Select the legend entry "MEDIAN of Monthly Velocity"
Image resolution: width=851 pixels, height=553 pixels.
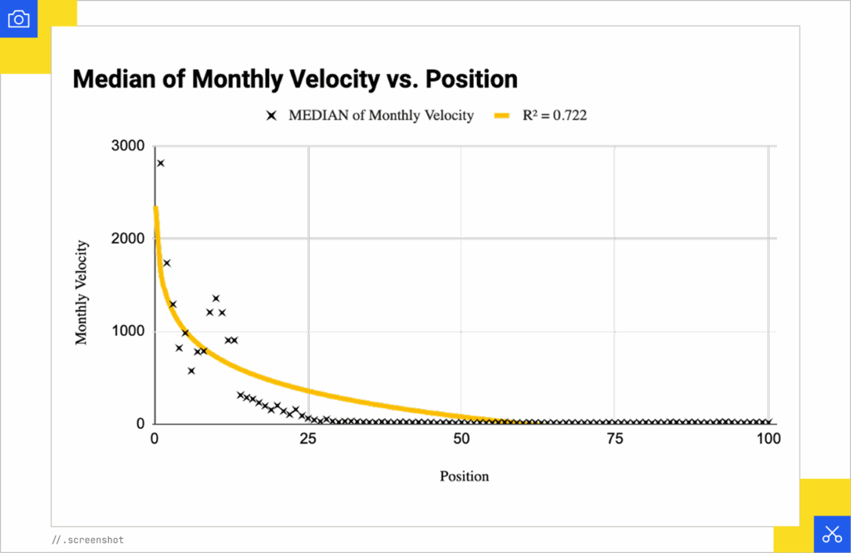[381, 116]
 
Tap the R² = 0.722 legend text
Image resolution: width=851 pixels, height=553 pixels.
[554, 116]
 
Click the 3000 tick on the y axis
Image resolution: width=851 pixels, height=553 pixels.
[128, 146]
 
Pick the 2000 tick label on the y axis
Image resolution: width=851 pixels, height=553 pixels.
[128, 239]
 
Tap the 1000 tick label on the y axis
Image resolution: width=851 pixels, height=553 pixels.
[128, 331]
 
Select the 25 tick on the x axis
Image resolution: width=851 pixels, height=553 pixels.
[308, 438]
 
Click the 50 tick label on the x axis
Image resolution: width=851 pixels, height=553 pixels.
[461, 438]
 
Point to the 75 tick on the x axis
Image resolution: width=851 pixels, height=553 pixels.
[614, 438]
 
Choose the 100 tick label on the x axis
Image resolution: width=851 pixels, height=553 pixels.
[769, 438]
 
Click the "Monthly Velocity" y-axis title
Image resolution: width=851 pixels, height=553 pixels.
[81, 292]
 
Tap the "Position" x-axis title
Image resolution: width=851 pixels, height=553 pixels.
[464, 476]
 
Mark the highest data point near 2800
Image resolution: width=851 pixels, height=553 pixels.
[160, 163]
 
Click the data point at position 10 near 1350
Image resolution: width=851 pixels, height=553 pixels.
[216, 298]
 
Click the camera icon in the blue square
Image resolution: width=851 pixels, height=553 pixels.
[19, 19]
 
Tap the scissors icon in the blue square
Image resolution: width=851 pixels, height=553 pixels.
[831, 534]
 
